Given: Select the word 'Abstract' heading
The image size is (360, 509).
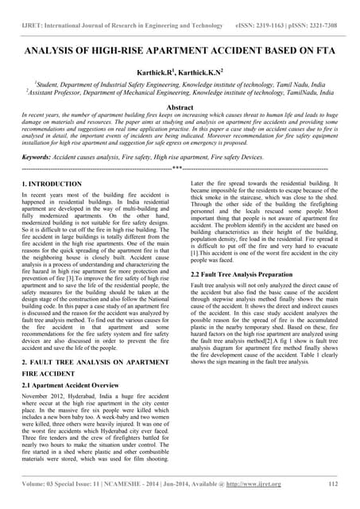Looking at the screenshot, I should click(180, 106).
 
